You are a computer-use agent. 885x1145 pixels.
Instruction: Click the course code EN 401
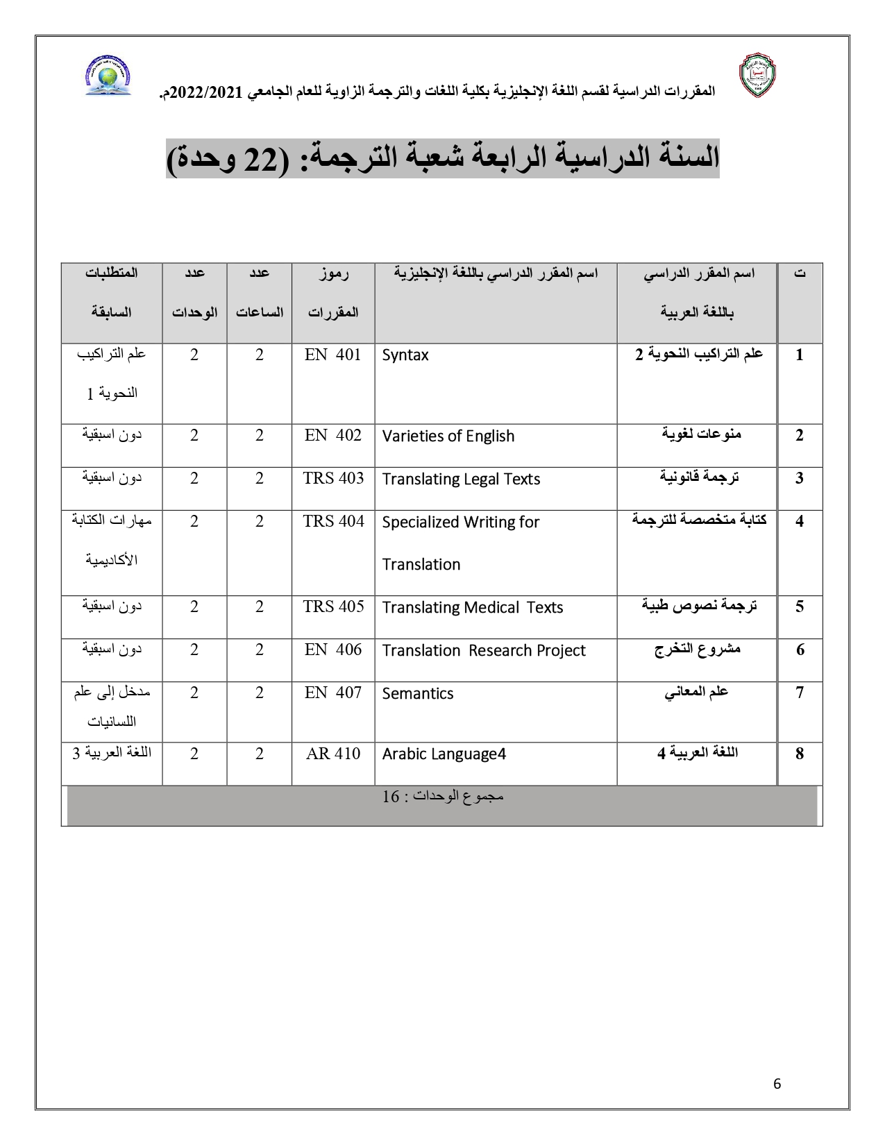pos(332,355)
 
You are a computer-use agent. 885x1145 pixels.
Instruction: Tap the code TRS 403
pos(333,478)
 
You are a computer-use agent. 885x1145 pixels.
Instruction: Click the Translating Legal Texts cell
pos(461,479)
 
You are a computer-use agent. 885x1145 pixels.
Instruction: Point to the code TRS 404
pos(333,521)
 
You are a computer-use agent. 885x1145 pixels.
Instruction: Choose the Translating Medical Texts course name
pos(472,607)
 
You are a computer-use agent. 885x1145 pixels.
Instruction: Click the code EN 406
pos(332,650)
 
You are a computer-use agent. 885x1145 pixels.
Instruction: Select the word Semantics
pos(417,693)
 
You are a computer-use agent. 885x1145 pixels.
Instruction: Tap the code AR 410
pos(333,754)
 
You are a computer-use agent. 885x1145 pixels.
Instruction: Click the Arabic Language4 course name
pos(444,754)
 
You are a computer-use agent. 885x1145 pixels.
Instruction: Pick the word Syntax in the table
pos(405,355)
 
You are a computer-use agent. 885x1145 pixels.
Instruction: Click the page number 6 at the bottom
pos(777,1084)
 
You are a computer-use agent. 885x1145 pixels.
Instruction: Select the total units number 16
pos(391,797)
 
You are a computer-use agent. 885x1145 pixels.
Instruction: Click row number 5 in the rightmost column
pos(800,607)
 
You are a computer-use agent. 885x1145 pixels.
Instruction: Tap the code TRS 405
pos(333,606)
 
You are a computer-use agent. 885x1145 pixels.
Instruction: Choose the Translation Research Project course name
pos(484,650)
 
